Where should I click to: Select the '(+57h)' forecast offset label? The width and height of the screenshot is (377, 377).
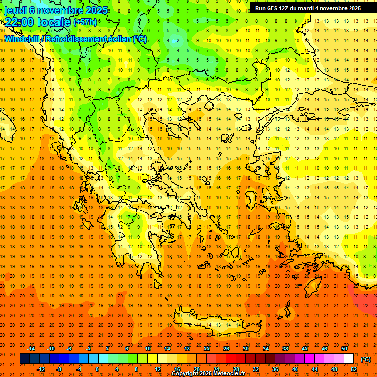tap(85, 22)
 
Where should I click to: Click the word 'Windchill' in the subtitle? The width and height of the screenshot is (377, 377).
tap(23, 39)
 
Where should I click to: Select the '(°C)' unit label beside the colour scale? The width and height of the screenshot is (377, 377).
tap(365, 359)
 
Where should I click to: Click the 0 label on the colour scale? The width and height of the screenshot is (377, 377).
tap(97, 369)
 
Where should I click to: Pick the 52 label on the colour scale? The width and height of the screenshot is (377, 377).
tap(353, 369)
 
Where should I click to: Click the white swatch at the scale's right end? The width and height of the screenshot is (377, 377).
tap(349, 359)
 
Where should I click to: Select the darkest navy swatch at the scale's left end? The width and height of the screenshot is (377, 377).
tap(25, 359)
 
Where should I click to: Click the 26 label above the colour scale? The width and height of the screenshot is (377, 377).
tap(226, 349)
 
